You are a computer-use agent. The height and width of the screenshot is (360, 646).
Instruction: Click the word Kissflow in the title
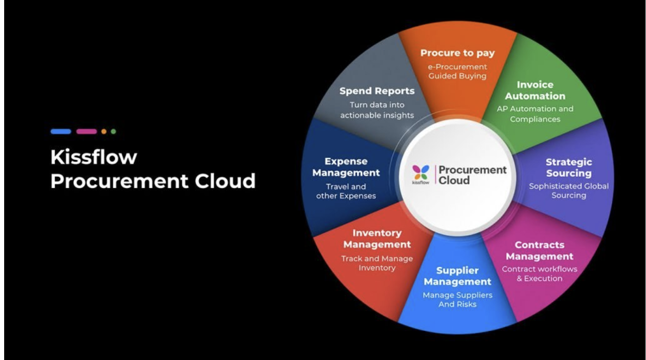[94, 157]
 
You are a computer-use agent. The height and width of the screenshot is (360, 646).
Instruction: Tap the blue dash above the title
[61, 132]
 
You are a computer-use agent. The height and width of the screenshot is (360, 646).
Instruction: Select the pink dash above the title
[87, 132]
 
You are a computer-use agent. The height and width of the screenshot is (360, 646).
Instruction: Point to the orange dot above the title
[104, 132]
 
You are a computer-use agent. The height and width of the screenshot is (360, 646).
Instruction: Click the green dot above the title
[114, 132]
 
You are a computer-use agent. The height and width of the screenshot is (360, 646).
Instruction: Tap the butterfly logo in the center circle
[421, 173]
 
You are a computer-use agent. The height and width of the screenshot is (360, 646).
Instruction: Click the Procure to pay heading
[457, 53]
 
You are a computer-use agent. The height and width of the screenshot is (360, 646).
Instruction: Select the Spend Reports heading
[377, 91]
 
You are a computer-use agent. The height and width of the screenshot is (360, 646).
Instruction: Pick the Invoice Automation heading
[535, 90]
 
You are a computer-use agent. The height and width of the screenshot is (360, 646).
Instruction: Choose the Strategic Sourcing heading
[568, 168]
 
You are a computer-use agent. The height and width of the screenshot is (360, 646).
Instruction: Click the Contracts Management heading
[539, 251]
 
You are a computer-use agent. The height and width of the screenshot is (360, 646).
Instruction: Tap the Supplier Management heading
[457, 276]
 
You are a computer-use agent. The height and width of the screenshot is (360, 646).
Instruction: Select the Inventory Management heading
[377, 239]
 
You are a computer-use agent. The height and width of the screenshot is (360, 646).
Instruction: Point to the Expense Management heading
[346, 167]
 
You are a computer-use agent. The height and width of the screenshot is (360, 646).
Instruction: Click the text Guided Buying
[457, 76]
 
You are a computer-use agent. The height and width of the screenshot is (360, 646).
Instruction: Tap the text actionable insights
[377, 115]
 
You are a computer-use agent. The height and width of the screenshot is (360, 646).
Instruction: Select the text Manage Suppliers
[457, 295]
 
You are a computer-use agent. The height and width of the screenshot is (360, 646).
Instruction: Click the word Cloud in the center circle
[454, 180]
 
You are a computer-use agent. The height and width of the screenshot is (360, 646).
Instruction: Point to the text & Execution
[539, 278]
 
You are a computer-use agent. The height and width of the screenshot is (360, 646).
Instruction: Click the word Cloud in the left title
[225, 181]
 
